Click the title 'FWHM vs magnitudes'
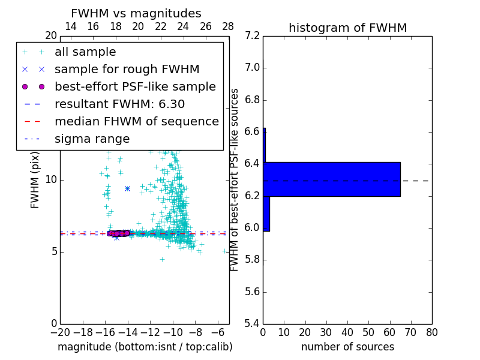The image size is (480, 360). (136, 13)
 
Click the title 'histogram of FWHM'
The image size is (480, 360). (347, 28)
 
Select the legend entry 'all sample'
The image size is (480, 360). (85, 52)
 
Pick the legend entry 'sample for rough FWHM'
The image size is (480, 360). (127, 70)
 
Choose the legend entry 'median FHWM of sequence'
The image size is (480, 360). (136, 122)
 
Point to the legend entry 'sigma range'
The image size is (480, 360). (92, 139)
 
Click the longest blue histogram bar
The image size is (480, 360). (332, 179)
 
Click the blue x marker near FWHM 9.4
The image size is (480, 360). (127, 188)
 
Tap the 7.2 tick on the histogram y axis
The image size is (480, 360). (252, 35)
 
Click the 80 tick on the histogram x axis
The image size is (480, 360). (431, 332)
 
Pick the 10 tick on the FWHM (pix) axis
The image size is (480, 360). (51, 180)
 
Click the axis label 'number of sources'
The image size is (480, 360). (347, 347)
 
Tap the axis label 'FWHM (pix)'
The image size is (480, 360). (35, 180)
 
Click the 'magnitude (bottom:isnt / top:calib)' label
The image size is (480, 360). (145, 347)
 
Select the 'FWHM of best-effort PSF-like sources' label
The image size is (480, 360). (235, 180)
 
